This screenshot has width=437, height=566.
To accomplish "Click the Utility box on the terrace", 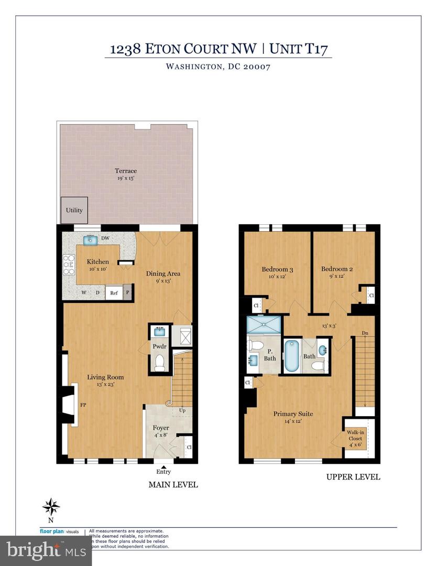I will point(74,210).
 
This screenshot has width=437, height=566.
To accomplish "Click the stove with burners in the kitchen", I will point(68,265).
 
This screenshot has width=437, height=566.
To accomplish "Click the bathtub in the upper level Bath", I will point(291,356).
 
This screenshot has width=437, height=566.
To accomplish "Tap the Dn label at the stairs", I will point(365,333).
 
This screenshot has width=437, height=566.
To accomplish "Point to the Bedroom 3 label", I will point(277,269).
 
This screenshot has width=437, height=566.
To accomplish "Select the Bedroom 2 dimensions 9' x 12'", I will point(336,277).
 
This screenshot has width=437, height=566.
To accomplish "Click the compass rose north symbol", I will point(51,507).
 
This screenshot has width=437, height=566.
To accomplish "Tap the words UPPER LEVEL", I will point(353,477).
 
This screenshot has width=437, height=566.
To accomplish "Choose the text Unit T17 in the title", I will point(300,49).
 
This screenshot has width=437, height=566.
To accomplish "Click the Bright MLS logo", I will point(39,550).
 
